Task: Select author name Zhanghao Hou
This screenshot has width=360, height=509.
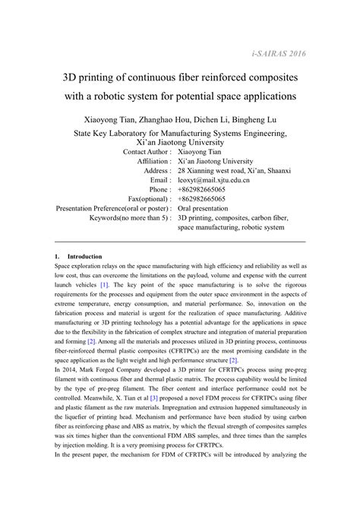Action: (165, 120)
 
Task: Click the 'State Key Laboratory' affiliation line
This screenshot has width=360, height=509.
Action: (180, 132)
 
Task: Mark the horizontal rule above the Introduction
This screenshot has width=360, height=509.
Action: (180, 242)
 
